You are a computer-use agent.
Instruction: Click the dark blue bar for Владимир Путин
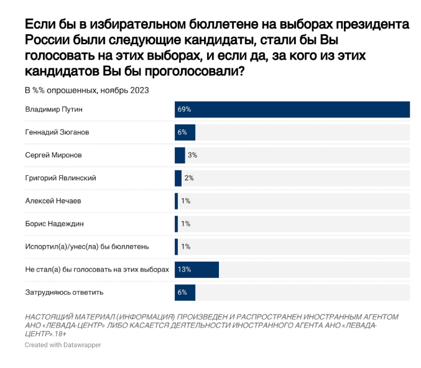click(x=292, y=109)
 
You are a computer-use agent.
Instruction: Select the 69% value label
click(x=183, y=109)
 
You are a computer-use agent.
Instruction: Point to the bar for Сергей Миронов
click(x=180, y=155)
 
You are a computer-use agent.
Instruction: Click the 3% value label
click(x=192, y=155)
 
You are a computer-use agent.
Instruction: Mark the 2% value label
click(x=189, y=178)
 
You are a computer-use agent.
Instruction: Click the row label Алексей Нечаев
click(x=53, y=201)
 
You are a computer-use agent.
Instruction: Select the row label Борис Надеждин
click(x=55, y=224)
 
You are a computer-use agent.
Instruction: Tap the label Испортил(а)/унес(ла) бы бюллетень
click(x=86, y=246)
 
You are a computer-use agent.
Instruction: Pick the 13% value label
click(x=183, y=269)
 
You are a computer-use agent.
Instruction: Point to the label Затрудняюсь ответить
click(x=63, y=292)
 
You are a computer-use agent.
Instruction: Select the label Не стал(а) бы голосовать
click(x=96, y=269)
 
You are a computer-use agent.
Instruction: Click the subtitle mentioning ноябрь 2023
click(x=86, y=90)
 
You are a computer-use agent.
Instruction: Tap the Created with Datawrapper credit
click(x=62, y=344)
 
